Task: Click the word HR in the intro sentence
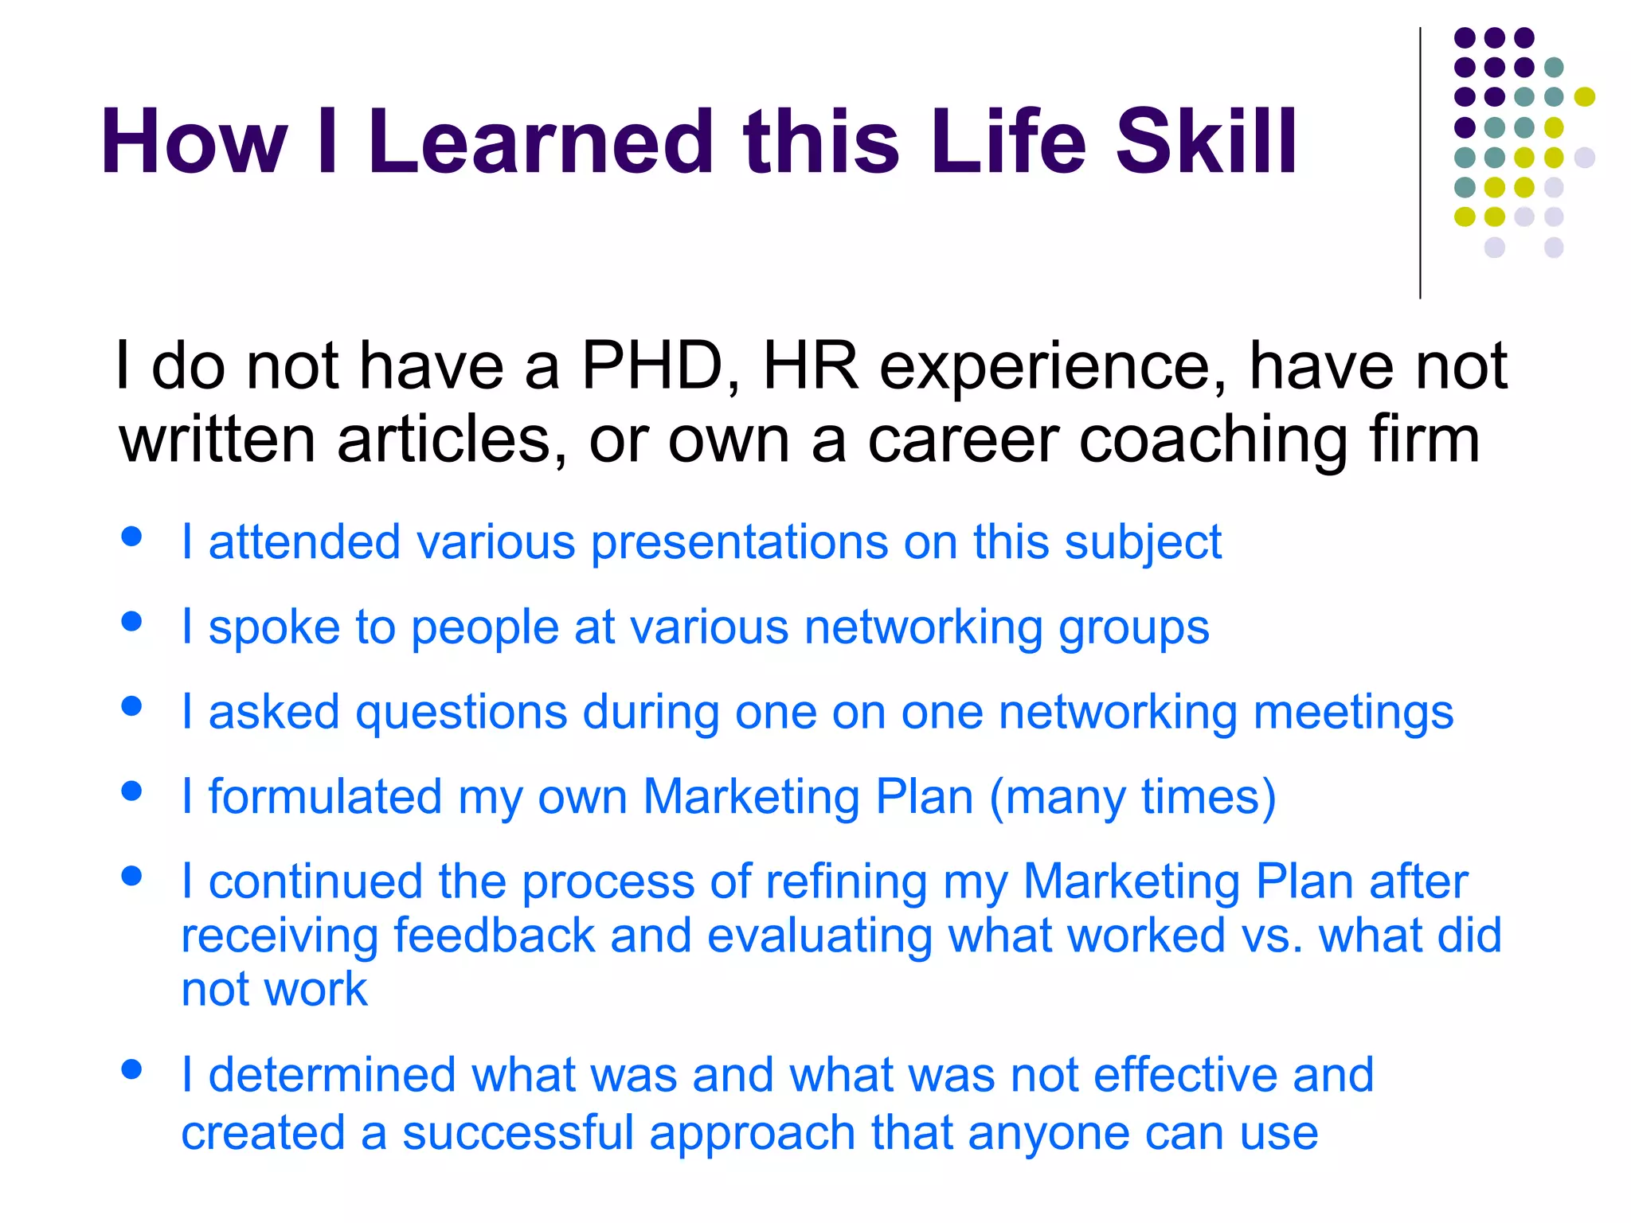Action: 811,366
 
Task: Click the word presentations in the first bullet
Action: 739,543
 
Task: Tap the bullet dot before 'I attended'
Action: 132,537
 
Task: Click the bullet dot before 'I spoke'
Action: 132,622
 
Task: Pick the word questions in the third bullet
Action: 461,712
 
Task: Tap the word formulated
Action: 325,797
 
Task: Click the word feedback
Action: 494,936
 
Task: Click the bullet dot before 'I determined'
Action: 132,1069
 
